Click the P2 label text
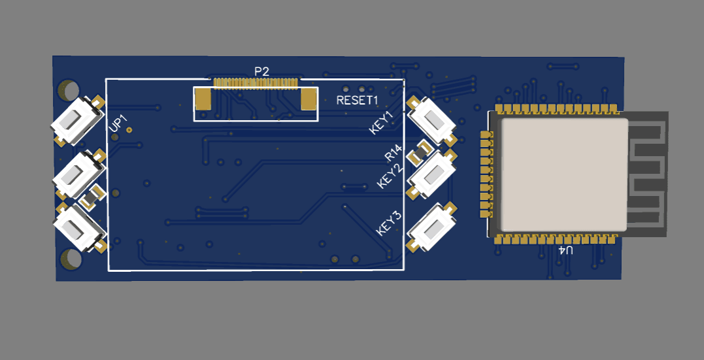point(261,71)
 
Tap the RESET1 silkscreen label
point(358,100)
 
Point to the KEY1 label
point(381,123)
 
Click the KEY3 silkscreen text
point(389,223)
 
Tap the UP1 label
point(119,123)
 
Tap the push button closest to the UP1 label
point(77,120)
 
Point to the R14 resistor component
point(419,153)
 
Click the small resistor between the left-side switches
point(92,197)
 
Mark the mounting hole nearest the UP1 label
point(69,90)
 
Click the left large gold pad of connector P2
point(203,99)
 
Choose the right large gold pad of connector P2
point(309,99)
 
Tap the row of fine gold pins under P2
point(256,82)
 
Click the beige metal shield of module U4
point(564,174)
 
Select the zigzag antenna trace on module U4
point(646,174)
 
